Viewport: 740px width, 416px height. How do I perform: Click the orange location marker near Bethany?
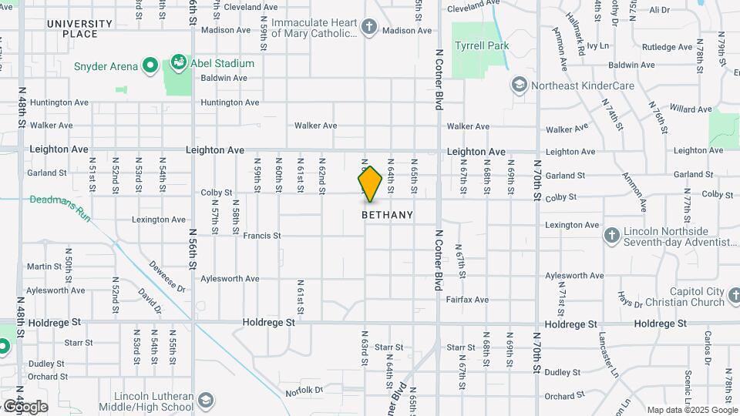tap(370, 184)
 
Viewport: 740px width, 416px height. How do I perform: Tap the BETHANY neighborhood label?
tap(387, 215)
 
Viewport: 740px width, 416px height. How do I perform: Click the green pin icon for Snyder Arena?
tap(150, 66)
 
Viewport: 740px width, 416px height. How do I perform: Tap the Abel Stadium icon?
tap(179, 60)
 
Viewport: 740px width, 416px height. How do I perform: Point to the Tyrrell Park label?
tap(482, 45)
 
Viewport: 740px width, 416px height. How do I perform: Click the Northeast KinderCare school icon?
tap(520, 85)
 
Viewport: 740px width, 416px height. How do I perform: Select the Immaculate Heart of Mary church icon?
tap(369, 28)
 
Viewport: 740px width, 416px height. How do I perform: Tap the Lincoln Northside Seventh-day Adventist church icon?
tap(611, 236)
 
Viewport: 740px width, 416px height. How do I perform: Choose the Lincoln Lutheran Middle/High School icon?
tap(206, 401)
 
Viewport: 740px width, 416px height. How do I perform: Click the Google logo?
tap(25, 407)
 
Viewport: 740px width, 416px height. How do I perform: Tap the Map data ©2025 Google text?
tap(691, 410)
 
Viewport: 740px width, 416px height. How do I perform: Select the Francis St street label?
tap(261, 236)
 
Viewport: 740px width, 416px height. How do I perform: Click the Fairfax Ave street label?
tap(470, 299)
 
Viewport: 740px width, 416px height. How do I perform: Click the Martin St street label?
tap(44, 267)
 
